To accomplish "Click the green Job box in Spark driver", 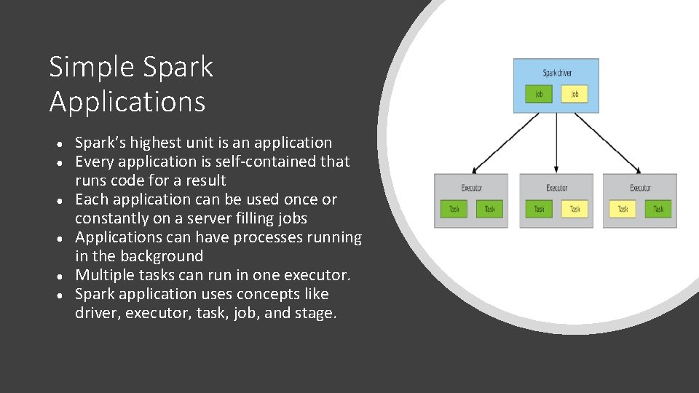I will pyautogui.click(x=539, y=94).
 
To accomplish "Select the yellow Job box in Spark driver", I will pyautogui.click(x=574, y=94).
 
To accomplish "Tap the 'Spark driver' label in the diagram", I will pyautogui.click(x=557, y=73).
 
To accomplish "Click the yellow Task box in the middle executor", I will pyautogui.click(x=574, y=209).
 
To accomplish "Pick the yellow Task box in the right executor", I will pyautogui.click(x=623, y=209).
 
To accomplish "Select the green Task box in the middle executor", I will pyautogui.click(x=539, y=209).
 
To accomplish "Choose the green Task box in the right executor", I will pyautogui.click(x=658, y=209).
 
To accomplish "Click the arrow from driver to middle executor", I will pyautogui.click(x=557, y=143).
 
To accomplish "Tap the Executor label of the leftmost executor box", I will pyautogui.click(x=472, y=188).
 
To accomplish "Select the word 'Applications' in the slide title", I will pyautogui.click(x=127, y=102).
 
